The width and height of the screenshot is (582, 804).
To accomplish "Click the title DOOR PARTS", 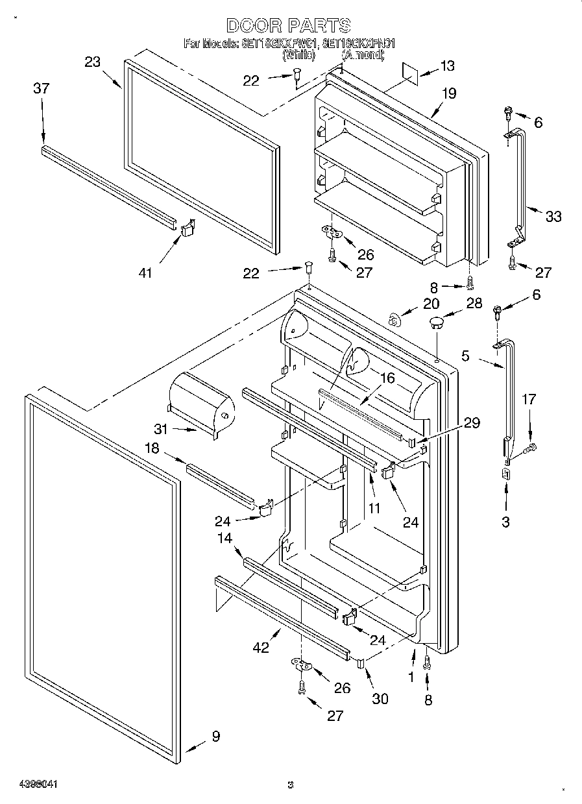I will pos(289,25).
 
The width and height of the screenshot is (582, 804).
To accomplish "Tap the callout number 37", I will pos(40,88).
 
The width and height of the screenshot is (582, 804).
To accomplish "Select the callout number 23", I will pos(93,62).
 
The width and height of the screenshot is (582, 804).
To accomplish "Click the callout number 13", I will pos(448,66).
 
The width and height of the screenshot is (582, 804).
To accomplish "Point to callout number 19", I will pos(449,93).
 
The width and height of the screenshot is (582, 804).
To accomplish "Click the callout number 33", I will pos(553,216).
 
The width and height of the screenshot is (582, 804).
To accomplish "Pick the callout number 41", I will pos(145,273).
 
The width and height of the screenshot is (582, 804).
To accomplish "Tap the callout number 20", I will pos(431,303).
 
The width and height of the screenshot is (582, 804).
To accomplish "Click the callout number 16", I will pos(387,378).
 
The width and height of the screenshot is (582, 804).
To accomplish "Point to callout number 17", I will pos(529,399).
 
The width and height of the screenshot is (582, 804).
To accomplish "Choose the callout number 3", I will pos(506,522).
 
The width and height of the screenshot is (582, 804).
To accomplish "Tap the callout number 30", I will pos(380,698).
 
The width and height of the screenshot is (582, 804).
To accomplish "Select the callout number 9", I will pos(215,737).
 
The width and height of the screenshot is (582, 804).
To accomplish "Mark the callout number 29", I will pos(472,423).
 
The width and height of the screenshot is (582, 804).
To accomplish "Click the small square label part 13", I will pos(409,71).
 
